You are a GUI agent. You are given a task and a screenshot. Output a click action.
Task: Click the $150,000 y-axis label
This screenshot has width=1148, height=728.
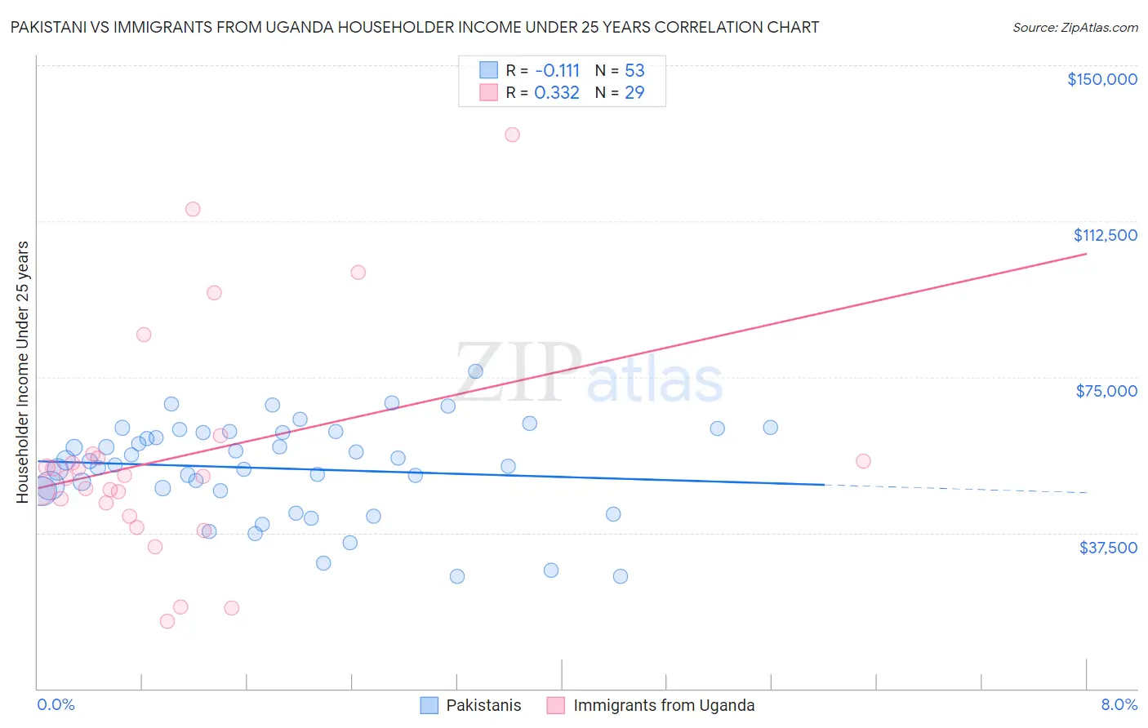coord(1101,79)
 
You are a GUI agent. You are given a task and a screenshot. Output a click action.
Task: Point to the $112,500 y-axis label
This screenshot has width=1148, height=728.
coord(1105,235)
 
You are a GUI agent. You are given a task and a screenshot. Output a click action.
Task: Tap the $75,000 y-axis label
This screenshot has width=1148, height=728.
coord(1106,391)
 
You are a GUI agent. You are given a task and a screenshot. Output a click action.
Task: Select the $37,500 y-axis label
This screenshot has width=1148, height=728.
coord(1108,548)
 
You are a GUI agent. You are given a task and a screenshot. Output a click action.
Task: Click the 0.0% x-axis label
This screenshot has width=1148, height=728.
coord(56,705)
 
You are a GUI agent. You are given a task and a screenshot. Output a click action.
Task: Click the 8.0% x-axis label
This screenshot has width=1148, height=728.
coord(1119,705)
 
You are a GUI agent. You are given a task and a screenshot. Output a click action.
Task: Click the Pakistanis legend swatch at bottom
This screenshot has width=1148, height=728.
coord(429,705)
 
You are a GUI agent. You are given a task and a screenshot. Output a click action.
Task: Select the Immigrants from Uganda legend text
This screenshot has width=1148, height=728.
coord(664,705)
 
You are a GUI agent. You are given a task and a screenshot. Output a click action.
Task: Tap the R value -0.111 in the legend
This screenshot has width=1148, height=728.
coord(557,70)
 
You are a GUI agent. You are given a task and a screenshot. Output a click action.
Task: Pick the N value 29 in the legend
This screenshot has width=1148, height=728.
coord(634,93)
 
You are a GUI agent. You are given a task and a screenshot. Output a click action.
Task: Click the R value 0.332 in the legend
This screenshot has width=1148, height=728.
coord(557,93)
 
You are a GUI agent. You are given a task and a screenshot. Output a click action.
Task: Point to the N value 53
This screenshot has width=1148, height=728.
coord(634,70)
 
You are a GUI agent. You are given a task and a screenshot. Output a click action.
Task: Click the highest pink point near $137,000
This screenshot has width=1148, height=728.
coord(512,135)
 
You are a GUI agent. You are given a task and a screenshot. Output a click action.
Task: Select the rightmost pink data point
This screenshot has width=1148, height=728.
coord(863,461)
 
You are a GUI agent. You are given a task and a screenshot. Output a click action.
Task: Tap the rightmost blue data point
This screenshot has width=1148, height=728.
coord(770,428)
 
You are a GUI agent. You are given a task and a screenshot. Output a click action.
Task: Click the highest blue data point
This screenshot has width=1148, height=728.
coord(475,371)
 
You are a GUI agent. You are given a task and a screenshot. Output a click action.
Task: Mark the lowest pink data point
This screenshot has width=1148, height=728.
coord(167,621)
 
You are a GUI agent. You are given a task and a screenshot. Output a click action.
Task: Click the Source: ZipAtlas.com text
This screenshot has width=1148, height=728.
coord(1075,28)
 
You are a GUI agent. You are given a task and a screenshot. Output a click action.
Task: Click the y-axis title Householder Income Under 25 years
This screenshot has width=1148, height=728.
coord(23,371)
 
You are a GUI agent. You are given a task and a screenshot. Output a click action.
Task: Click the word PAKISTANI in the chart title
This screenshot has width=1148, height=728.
coord(50,28)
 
